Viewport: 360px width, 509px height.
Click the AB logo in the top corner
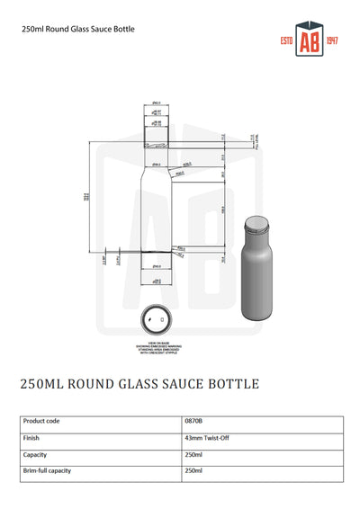[x=309, y=42]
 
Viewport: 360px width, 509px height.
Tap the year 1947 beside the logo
[x=331, y=43]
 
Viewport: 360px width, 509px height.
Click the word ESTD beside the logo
[x=288, y=43]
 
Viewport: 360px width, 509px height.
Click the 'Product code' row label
[x=41, y=420]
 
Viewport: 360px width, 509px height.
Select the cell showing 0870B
[x=193, y=420]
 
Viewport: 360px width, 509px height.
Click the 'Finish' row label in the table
[x=31, y=437]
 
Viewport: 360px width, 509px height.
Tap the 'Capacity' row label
[x=35, y=454]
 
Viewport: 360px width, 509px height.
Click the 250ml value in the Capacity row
[x=193, y=454]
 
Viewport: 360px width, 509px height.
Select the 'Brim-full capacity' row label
[x=47, y=470]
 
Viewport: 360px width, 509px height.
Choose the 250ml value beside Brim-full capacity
[x=193, y=470]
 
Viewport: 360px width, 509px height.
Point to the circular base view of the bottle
[x=157, y=319]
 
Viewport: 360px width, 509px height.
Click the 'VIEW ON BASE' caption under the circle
[x=157, y=343]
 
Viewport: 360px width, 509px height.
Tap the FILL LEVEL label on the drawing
[x=239, y=140]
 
